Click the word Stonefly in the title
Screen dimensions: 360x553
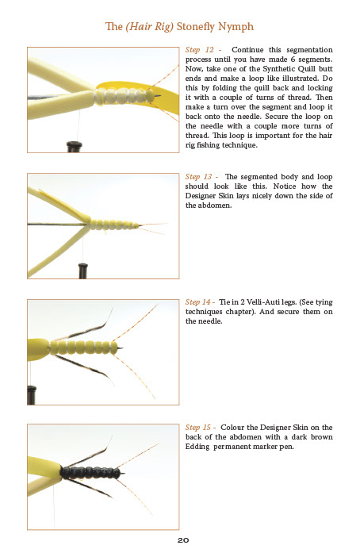[x=196, y=27]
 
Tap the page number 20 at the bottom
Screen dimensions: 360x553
[x=183, y=540]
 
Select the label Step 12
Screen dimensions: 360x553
[x=200, y=50]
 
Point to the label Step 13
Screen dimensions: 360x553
[x=199, y=177]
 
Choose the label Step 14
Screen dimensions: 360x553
[x=198, y=302]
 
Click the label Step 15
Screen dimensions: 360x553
[x=198, y=428]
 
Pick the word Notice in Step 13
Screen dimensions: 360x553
[x=285, y=186]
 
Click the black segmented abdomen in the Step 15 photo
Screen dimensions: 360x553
[x=91, y=473]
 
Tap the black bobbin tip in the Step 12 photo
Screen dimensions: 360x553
[x=75, y=146]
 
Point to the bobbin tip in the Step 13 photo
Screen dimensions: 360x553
[x=82, y=271]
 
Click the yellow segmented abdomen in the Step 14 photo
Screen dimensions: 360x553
[x=83, y=348]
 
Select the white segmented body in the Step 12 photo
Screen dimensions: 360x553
[x=124, y=96]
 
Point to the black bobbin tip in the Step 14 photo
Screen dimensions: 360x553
[x=32, y=395]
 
